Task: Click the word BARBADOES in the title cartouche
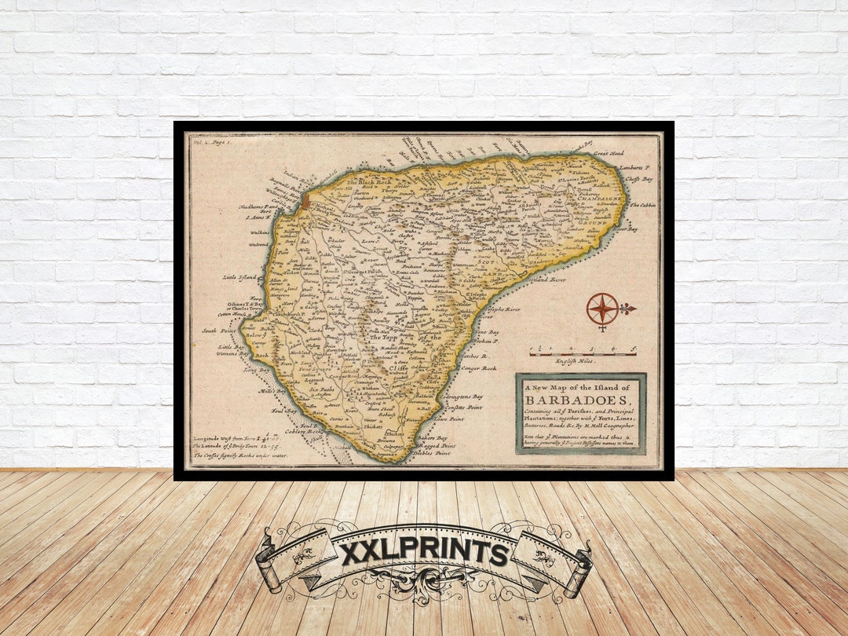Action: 579,399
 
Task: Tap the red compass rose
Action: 602,309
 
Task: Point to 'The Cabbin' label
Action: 641,205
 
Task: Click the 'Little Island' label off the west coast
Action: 239,277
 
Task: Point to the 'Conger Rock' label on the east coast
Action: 478,367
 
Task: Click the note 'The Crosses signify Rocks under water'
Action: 239,455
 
